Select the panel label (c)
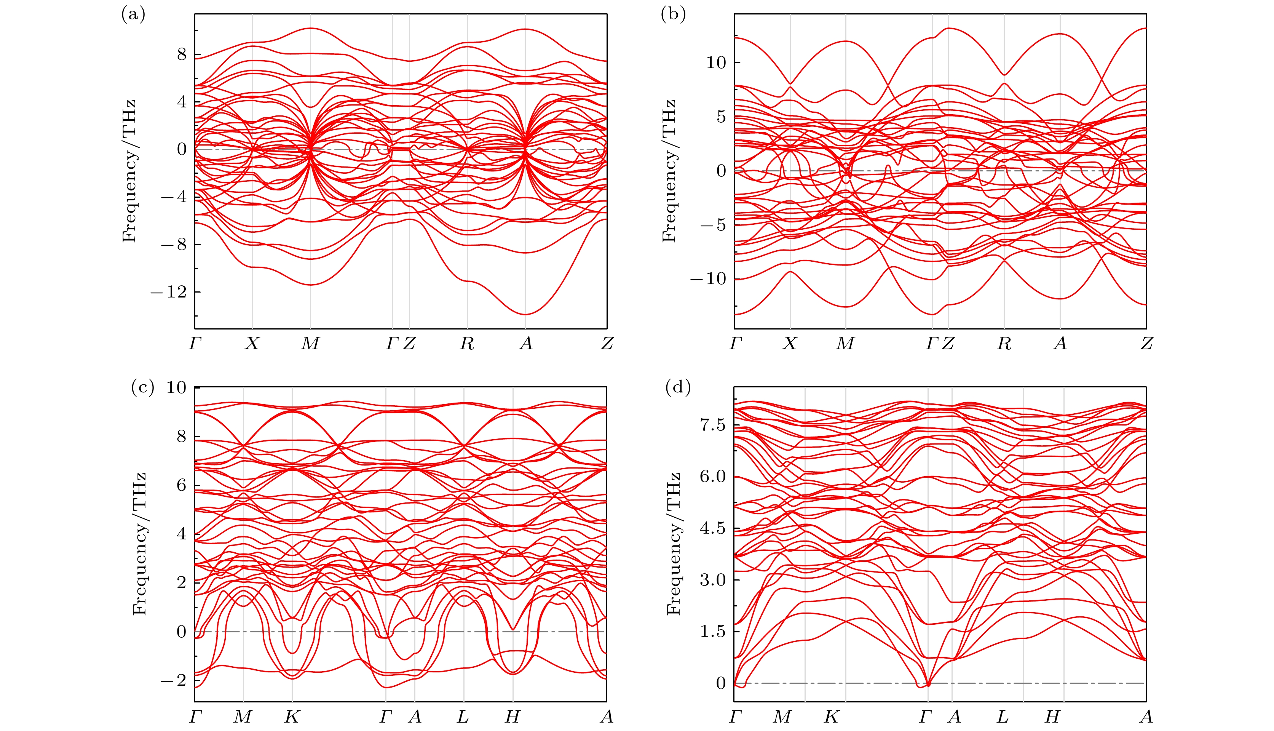click(x=142, y=387)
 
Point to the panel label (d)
click(x=677, y=387)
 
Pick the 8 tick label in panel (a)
click(x=182, y=55)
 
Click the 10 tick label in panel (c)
click(x=176, y=387)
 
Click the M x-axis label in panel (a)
click(x=310, y=344)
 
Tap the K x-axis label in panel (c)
click(x=292, y=717)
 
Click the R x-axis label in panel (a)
click(x=467, y=344)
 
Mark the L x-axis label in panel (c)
click(x=463, y=717)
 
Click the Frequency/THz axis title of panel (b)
click(x=669, y=171)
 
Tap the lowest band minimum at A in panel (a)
click(x=525, y=314)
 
